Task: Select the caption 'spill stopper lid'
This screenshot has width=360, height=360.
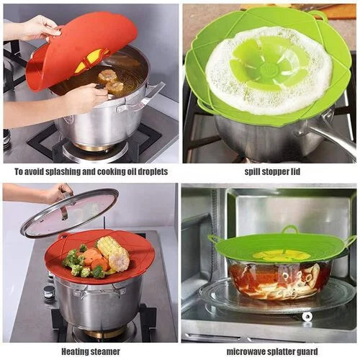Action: [x=272, y=172]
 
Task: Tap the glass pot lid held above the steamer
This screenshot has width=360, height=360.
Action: [x=70, y=213]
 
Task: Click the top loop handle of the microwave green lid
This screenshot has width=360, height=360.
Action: [x=290, y=229]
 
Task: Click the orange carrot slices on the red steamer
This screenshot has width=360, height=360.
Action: [x=94, y=258]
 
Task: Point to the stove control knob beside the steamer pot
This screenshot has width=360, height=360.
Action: [x=49, y=292]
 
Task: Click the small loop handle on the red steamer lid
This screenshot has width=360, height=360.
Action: [x=63, y=236]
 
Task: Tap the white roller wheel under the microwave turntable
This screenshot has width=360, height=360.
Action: [x=307, y=317]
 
